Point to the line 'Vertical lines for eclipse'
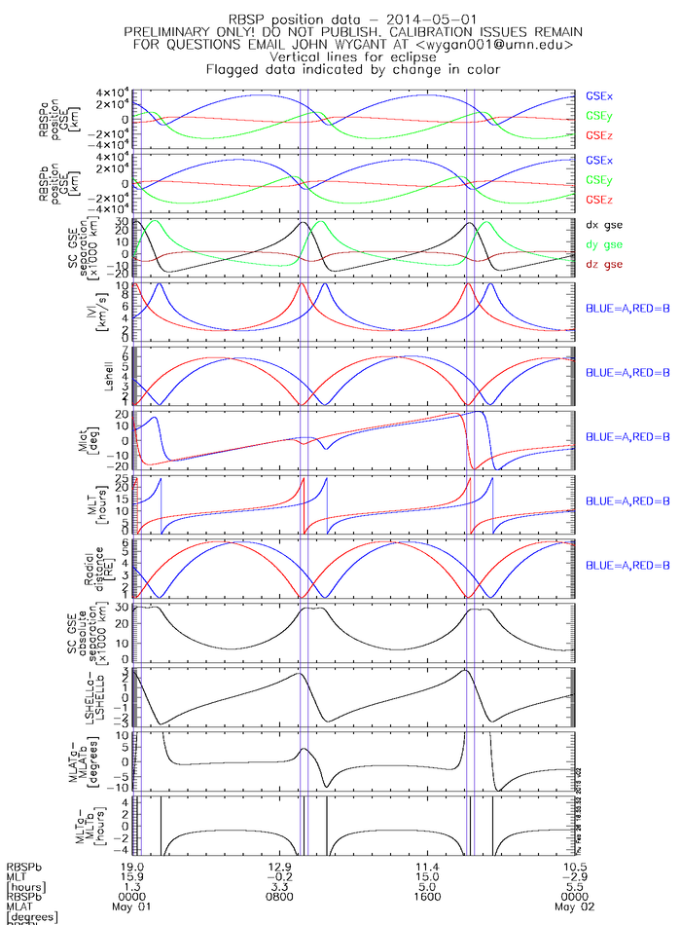(x=340, y=56)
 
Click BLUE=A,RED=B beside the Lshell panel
(x=627, y=373)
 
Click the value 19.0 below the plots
(x=132, y=865)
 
